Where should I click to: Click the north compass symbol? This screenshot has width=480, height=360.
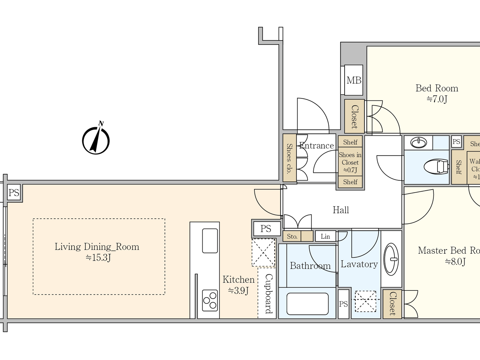(x=96, y=140)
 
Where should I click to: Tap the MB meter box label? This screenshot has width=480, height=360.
(x=353, y=80)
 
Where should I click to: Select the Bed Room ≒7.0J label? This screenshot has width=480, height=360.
(x=437, y=93)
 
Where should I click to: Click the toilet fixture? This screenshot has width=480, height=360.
(x=436, y=167)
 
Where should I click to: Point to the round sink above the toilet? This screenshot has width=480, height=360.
(x=418, y=142)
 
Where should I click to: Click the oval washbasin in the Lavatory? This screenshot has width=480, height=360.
(x=391, y=259)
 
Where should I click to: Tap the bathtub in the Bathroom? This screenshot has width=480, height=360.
(x=307, y=304)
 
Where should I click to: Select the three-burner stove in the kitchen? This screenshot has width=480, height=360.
(x=210, y=300)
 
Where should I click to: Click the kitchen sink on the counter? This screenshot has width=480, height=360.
(x=210, y=241)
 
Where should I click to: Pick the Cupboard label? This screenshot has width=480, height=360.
(x=268, y=293)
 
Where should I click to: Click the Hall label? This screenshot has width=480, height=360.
(x=341, y=210)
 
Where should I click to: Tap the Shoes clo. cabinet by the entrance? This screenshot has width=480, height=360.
(x=289, y=158)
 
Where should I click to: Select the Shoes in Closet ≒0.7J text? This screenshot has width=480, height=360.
(x=350, y=162)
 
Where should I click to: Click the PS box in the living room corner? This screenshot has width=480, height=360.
(x=14, y=193)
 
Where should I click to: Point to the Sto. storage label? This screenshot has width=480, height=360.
(x=292, y=236)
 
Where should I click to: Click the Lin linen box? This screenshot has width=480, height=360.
(x=325, y=236)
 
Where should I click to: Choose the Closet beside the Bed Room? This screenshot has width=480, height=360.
(x=354, y=117)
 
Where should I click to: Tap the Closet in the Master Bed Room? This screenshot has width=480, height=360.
(x=392, y=304)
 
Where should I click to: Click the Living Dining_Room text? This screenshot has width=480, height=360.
(x=97, y=247)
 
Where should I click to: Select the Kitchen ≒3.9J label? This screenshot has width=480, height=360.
(x=239, y=285)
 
